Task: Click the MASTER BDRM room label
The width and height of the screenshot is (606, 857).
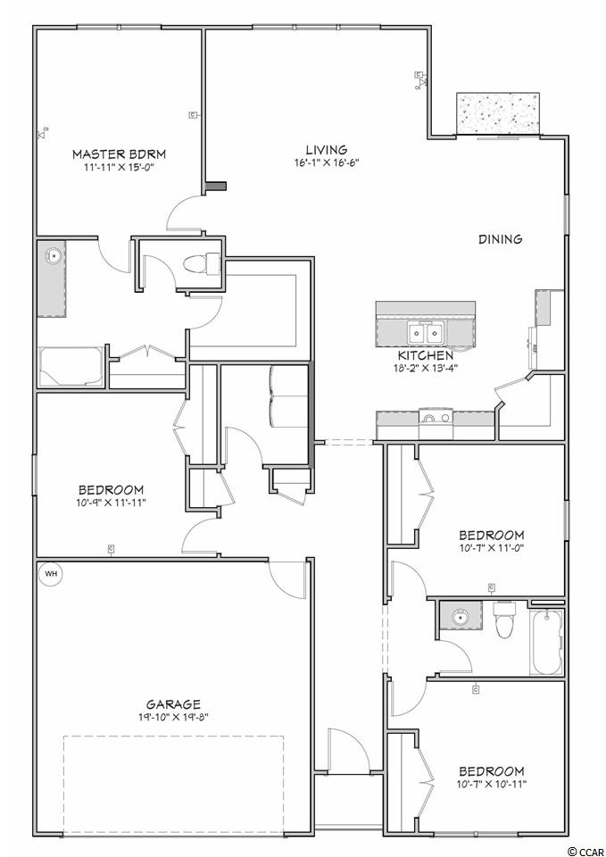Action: tap(119, 154)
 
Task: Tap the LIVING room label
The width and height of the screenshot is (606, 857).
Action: tap(327, 149)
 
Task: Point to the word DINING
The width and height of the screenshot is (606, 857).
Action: tap(500, 239)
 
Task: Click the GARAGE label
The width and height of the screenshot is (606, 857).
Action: tap(173, 704)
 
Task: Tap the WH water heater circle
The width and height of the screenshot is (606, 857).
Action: tap(51, 574)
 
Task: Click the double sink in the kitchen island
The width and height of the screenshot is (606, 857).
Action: tap(425, 333)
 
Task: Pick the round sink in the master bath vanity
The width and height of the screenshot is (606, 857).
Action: tap(54, 254)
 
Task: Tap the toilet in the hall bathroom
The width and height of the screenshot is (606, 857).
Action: tap(504, 619)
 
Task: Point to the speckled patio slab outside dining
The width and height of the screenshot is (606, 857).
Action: tap(498, 112)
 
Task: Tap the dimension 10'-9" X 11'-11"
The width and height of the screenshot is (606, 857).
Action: tap(112, 503)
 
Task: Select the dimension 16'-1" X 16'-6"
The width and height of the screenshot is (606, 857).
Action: tap(327, 162)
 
